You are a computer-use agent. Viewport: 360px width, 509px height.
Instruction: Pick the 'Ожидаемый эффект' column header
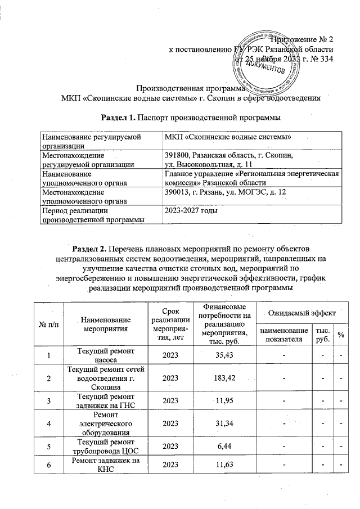point(301,312)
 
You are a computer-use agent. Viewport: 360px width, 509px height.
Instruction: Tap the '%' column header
point(340,336)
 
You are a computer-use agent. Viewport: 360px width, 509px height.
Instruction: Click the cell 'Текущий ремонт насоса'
point(106,355)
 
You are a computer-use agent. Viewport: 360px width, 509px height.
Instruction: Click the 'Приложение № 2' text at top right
point(302,39)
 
